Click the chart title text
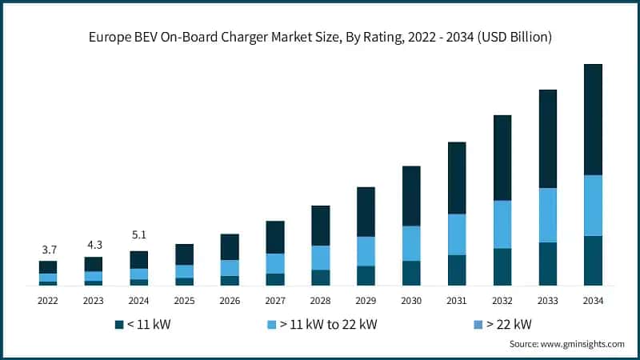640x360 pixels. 320,38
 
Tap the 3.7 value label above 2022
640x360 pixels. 48,250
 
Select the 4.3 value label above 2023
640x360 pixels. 94,245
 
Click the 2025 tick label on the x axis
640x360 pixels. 184,301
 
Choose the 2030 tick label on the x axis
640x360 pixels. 411,301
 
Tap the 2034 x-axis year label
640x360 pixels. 593,301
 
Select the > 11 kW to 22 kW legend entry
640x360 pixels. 320,324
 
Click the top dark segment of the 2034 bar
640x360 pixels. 593,119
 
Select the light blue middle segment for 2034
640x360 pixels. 593,205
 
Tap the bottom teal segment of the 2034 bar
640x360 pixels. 593,260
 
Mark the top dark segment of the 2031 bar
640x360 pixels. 457,178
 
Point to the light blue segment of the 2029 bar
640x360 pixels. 366,250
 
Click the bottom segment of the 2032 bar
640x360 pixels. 502,266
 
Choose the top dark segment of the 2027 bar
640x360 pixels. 275,237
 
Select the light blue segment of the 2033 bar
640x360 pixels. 548,215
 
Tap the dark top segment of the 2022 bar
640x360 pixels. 48,266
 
